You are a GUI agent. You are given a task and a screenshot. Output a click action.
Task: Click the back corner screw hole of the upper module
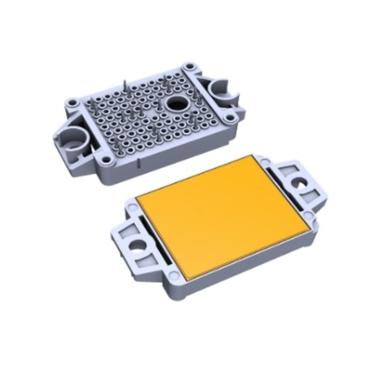[x=191, y=64]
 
